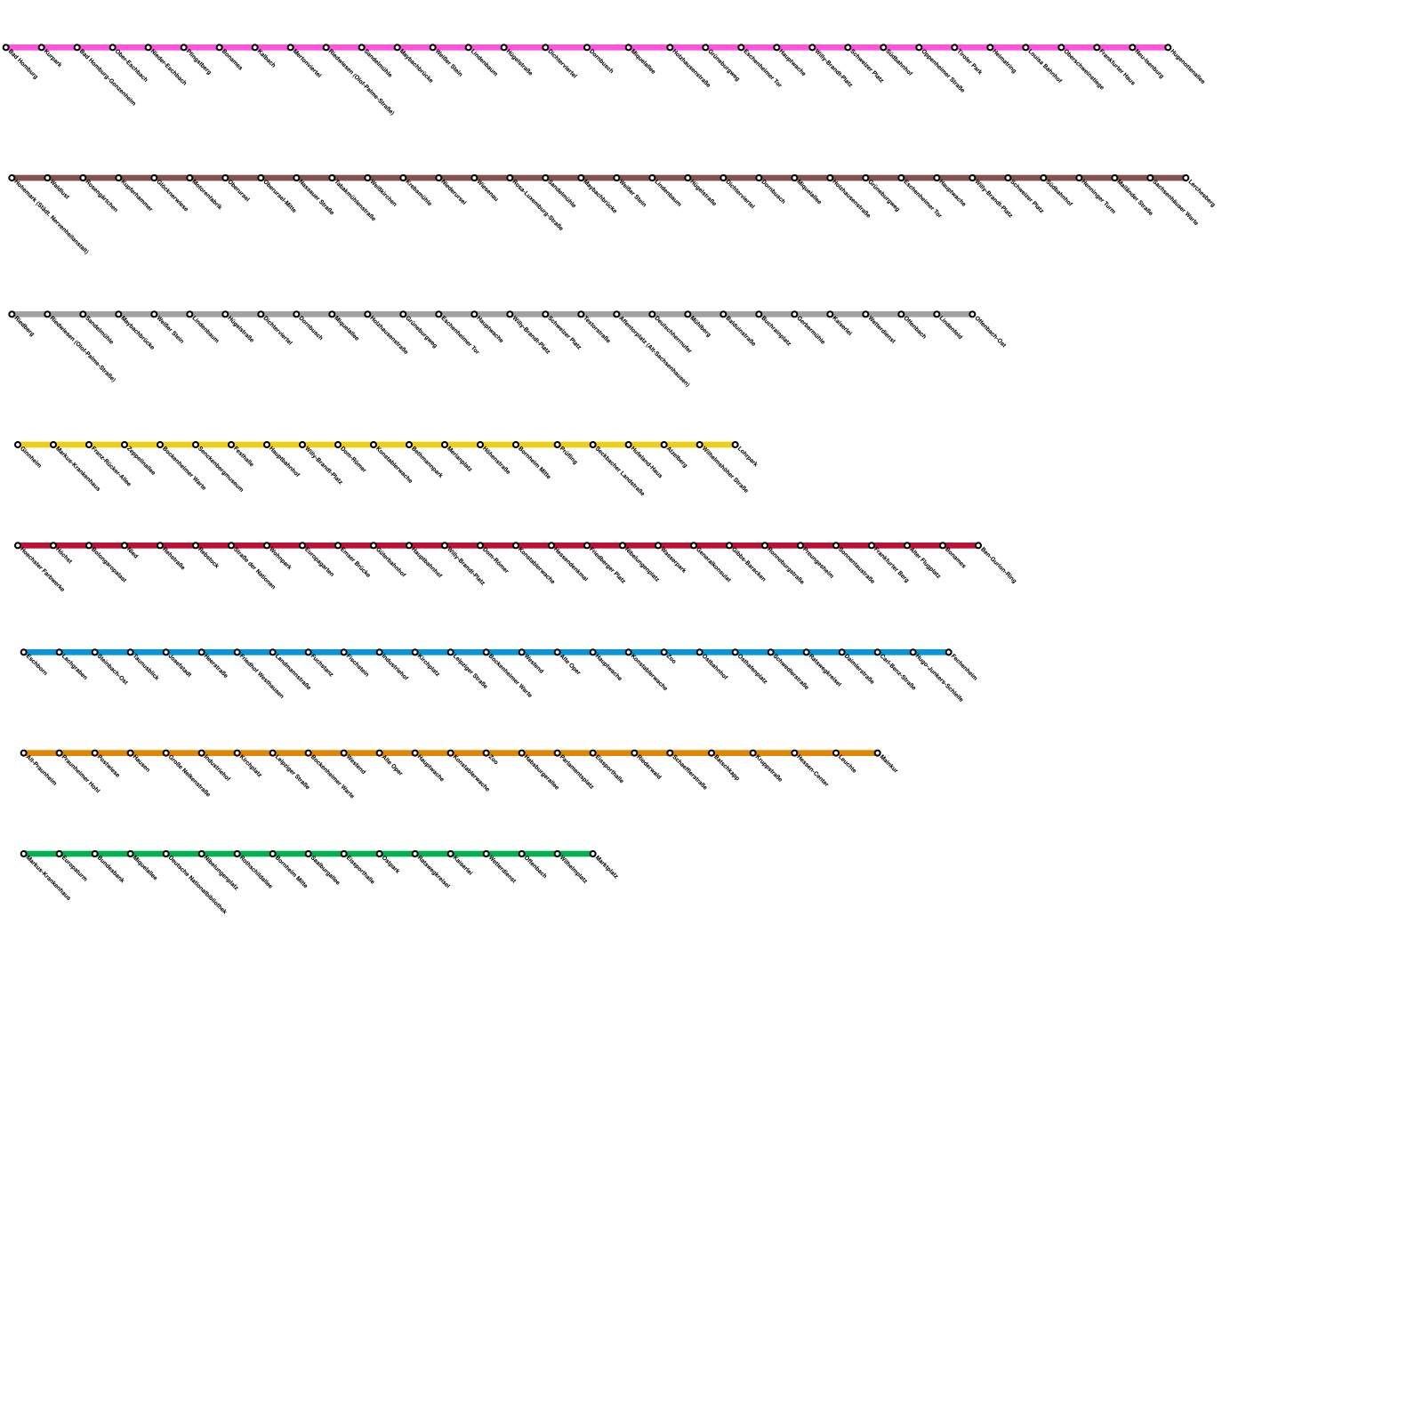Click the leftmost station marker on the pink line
pos(6,47)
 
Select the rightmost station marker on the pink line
pos(1168,47)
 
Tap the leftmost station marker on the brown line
pos(12,178)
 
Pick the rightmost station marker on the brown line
pos(1186,178)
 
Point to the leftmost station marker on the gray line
pos(12,314)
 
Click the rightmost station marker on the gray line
pos(972,314)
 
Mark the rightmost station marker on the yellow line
pos(736,445)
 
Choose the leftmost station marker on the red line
pos(18,545)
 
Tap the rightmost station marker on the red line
pos(978,545)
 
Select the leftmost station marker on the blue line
pos(24,652)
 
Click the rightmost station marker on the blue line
pos(949,652)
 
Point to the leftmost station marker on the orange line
pos(24,753)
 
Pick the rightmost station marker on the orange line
pos(878,753)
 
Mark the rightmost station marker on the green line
pos(593,854)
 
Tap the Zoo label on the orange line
pos(493,759)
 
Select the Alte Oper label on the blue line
pos(570,664)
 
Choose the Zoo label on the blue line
pos(671,658)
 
